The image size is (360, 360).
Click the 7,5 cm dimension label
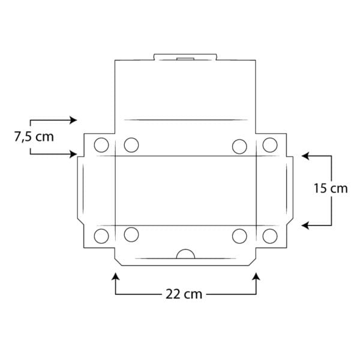pos(34,137)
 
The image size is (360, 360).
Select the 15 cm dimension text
pos(331,188)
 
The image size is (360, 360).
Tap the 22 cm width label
pos(184,294)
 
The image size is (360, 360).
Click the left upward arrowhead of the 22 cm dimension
pos(115,277)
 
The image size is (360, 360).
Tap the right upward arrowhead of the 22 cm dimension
pos(256,277)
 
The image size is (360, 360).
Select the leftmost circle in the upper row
pos(101,145)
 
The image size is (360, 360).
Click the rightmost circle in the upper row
pos(269,145)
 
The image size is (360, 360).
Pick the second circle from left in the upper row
pos(131,145)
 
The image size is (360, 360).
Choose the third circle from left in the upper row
pos(239,145)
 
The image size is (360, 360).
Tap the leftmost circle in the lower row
pos(101,235)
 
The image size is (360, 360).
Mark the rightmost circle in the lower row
pos(269,235)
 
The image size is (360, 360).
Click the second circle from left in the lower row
pos(131,235)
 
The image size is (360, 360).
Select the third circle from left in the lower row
pos(239,235)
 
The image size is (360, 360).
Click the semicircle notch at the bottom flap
pos(185,254)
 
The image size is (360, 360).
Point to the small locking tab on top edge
pos(185,58)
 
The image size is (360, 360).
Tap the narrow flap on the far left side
pos(80,189)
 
